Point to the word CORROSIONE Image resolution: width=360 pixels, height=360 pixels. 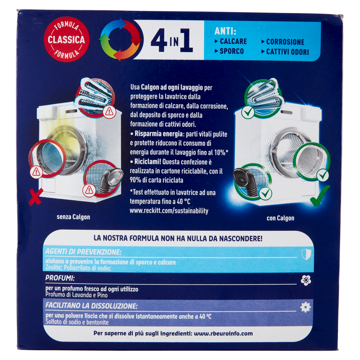click(285, 42)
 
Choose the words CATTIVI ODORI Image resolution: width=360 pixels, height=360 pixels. click(287, 52)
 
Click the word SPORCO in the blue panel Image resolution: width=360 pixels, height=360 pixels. click(231, 51)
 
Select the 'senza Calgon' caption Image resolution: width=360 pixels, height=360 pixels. click(73, 217)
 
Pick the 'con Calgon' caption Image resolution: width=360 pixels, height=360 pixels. click(280, 218)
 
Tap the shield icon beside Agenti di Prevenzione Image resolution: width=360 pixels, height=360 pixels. click(305, 254)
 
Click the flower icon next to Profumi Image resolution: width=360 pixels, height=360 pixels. click(306, 280)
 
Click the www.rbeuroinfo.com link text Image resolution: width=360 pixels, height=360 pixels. click(223, 333)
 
